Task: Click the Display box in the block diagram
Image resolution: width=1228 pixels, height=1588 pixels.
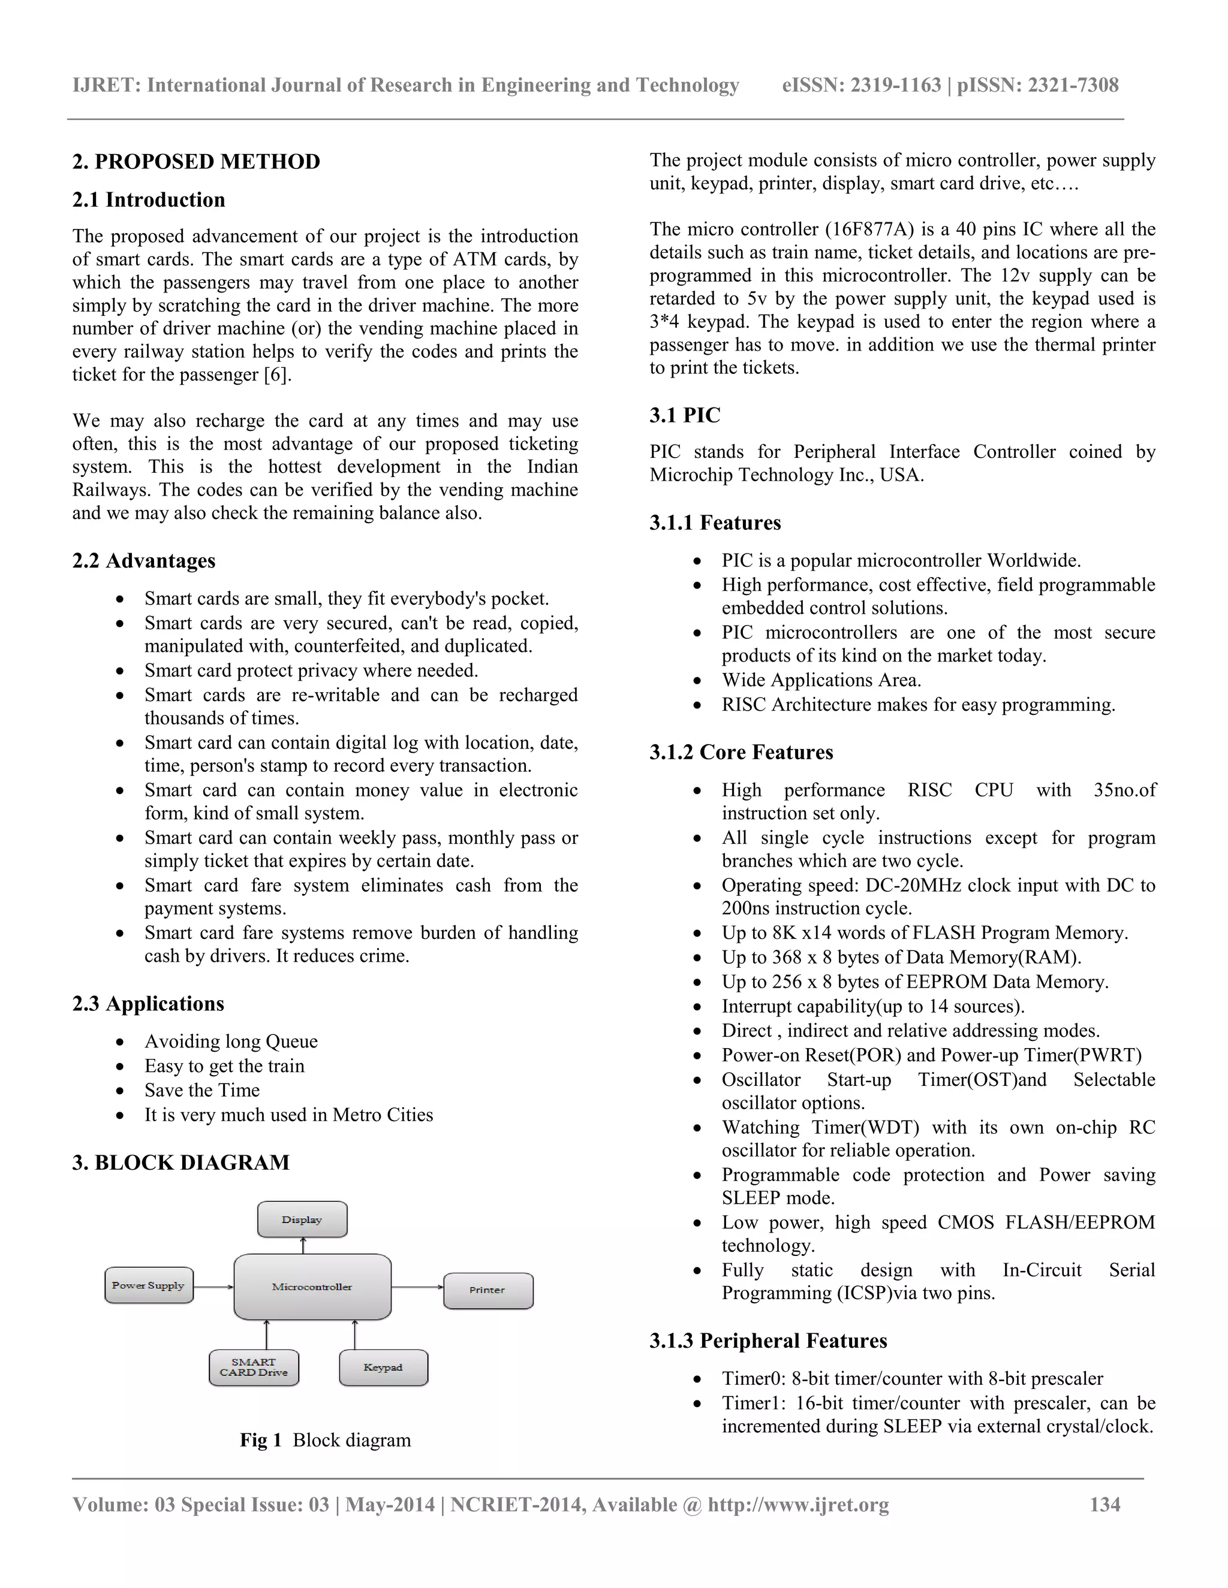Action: [x=302, y=1219]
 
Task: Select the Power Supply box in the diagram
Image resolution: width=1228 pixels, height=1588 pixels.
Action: [x=149, y=1285]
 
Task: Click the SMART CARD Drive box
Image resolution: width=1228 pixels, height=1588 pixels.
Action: [x=254, y=1367]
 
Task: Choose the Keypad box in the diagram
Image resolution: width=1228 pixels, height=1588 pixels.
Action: [x=383, y=1367]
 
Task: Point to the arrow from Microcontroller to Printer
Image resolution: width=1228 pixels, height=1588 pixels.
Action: [x=417, y=1287]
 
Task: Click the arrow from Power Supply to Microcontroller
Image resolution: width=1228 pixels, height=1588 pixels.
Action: [x=213, y=1287]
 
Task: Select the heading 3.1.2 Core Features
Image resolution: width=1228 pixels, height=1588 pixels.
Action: [x=741, y=752]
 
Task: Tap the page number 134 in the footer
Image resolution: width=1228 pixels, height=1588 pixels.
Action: [x=1104, y=1504]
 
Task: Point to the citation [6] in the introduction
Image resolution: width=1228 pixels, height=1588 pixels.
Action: [x=276, y=375]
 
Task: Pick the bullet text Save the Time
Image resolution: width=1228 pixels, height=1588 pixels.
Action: [x=201, y=1090]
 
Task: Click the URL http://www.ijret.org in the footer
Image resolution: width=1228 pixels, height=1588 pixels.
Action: [x=798, y=1504]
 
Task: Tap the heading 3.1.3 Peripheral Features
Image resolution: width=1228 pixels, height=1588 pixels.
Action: [x=767, y=1341]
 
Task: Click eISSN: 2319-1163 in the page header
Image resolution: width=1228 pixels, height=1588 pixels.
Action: [x=862, y=85]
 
